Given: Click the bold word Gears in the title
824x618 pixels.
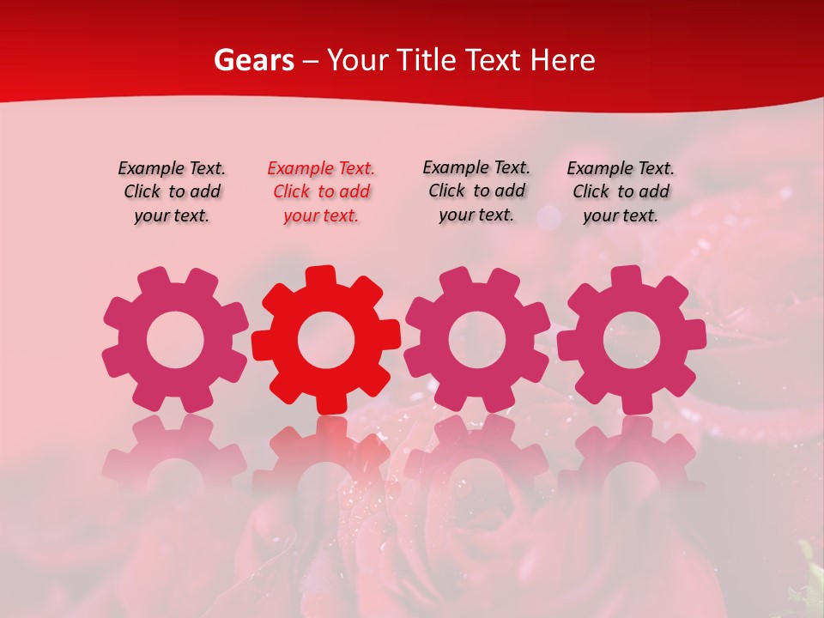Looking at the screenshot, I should (253, 60).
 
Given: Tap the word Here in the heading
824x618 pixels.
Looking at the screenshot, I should (562, 60).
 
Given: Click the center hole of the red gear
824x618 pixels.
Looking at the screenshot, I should (326, 340).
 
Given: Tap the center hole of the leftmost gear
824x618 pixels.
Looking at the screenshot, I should (175, 340).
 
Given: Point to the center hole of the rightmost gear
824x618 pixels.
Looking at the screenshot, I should (632, 340).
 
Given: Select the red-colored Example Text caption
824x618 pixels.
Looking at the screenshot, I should (321, 192).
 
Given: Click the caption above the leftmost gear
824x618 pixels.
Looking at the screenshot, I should (172, 192).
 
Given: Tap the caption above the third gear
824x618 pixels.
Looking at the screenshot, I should (476, 191).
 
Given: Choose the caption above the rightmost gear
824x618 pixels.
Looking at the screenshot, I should (621, 192).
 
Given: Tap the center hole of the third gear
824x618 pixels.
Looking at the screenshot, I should (476, 340).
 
